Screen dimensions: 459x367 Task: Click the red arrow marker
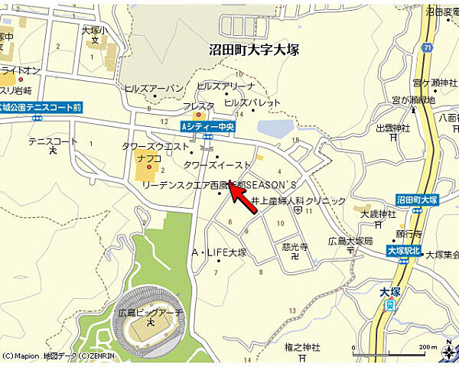point(243,198)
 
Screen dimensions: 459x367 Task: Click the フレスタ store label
point(198,106)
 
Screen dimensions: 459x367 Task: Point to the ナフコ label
point(148,158)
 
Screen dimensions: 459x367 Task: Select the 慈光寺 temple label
point(295,247)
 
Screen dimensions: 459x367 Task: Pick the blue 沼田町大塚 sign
point(417,199)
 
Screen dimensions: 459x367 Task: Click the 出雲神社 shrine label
point(391,128)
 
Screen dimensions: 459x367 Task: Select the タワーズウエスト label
point(155,146)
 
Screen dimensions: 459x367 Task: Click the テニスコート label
point(53,141)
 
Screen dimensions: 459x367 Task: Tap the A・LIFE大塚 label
point(218,252)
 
